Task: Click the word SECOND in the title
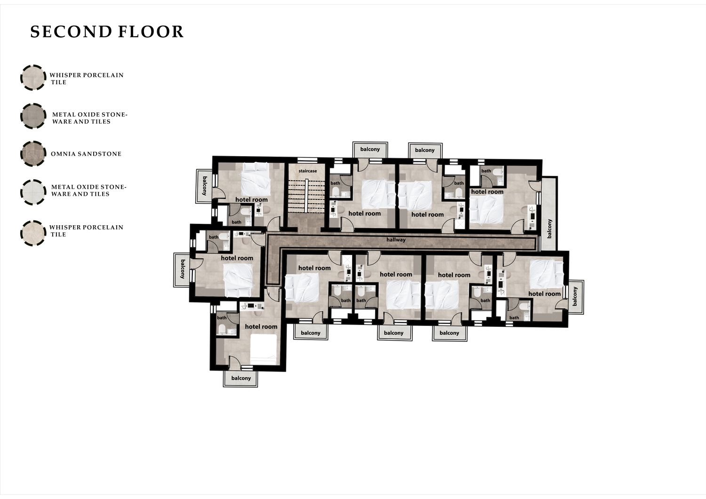point(71,32)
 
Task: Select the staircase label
point(308,171)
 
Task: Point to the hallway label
point(396,240)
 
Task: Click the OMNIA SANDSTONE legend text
point(86,154)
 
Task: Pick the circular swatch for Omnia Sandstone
point(33,154)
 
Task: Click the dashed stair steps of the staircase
point(306,195)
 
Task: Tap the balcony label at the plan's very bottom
point(241,378)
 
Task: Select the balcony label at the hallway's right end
point(549,229)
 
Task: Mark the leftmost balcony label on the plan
point(183,269)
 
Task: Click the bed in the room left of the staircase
point(256,179)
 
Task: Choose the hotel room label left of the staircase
point(251,200)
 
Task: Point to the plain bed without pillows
point(264,349)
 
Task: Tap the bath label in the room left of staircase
point(236,222)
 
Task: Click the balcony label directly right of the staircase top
point(370,149)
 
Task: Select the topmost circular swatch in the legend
point(33,78)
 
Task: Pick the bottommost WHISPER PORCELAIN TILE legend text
point(86,231)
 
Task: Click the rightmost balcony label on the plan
point(575,296)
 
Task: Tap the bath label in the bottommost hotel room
point(222,318)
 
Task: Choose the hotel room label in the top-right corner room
point(487,192)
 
